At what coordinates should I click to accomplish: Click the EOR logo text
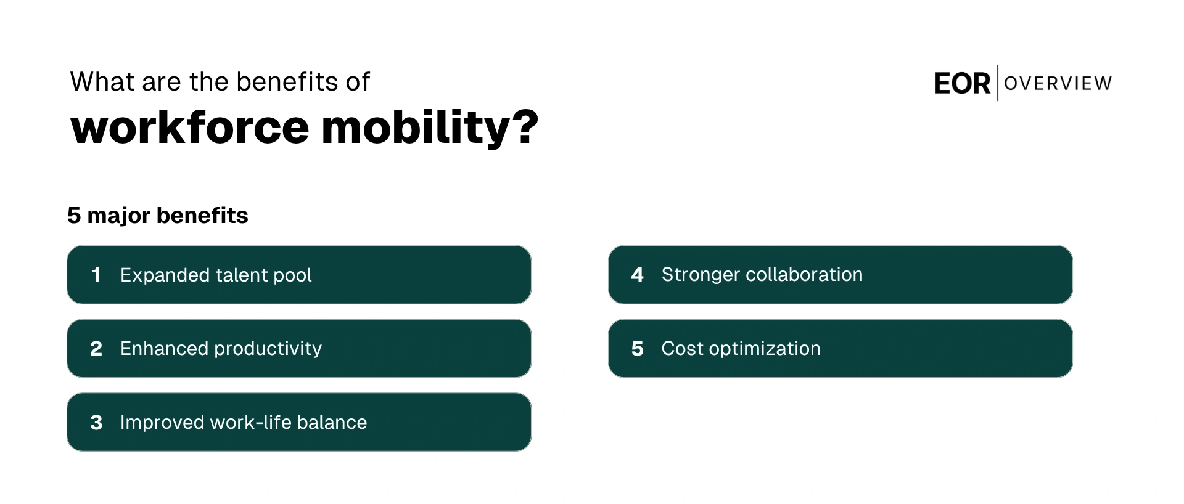tap(961, 84)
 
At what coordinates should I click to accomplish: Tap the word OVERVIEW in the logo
tap(1058, 83)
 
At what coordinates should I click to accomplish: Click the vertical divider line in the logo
tap(997, 83)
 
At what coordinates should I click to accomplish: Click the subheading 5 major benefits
tap(157, 216)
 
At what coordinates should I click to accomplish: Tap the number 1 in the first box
tap(96, 275)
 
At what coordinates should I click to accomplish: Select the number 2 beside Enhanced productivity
tap(96, 349)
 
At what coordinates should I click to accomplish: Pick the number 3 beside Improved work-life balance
tap(96, 423)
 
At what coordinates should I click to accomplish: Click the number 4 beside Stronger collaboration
tap(637, 275)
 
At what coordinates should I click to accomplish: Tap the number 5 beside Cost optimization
tap(637, 349)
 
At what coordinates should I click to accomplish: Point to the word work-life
tap(250, 423)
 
